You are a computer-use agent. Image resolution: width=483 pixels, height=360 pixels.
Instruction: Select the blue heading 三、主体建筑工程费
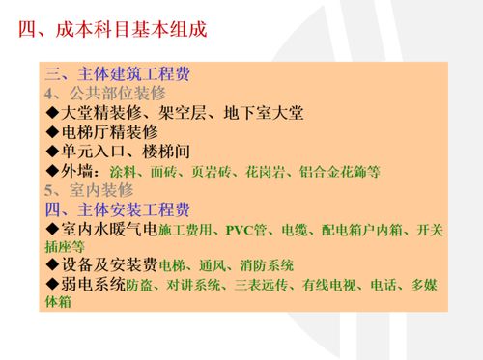click(x=118, y=74)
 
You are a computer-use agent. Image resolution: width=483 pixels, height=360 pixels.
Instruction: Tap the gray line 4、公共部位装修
click(x=105, y=94)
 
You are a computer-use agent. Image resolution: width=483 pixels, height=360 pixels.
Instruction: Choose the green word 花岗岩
click(x=266, y=172)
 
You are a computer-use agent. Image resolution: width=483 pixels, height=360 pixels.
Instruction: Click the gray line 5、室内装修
click(x=92, y=190)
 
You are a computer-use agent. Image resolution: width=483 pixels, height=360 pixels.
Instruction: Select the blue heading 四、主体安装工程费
click(x=118, y=209)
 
